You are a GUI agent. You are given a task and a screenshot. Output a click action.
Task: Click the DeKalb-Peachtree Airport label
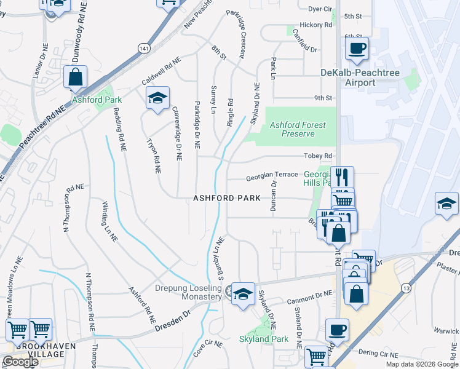click(x=360, y=77)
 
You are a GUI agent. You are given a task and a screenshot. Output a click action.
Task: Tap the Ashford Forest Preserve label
click(x=298, y=129)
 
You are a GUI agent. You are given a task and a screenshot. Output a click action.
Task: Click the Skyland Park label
click(x=264, y=339)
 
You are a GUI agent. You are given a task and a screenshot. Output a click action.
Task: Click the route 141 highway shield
click(x=144, y=48)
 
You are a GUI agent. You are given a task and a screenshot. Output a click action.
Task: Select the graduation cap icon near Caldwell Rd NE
click(x=157, y=98)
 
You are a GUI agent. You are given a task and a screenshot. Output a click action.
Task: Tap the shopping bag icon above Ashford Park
click(x=75, y=77)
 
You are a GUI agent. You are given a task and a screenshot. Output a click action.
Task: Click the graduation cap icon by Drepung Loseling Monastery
click(x=243, y=294)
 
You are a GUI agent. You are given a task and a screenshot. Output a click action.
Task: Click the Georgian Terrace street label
click(x=272, y=175)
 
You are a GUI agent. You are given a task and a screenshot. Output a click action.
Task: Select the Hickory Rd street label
click(x=316, y=25)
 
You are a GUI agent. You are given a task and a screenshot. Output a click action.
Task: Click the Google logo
click(x=20, y=362)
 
